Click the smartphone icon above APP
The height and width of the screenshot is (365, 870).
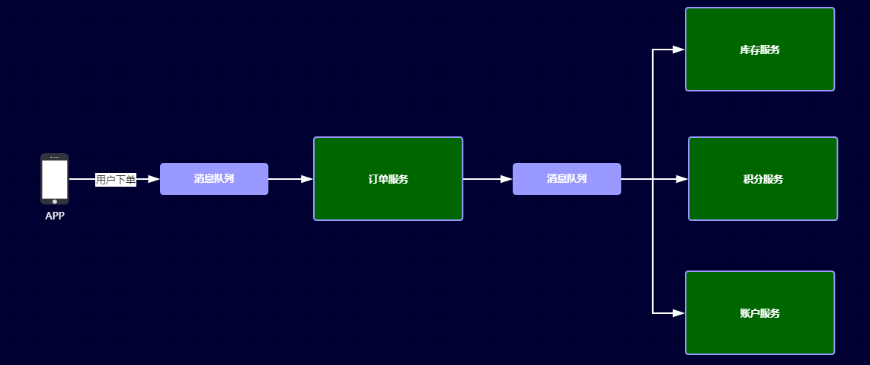(54, 178)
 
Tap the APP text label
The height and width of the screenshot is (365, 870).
(55, 216)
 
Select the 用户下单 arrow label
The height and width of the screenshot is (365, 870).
(116, 180)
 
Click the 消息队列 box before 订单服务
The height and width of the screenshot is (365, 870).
(214, 179)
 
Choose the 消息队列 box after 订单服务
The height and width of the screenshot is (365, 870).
(567, 179)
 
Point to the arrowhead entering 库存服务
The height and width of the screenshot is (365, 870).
(678, 50)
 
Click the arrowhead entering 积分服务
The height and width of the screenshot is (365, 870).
(681, 179)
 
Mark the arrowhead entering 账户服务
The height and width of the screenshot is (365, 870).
(678, 312)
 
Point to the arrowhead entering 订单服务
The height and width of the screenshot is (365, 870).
(306, 179)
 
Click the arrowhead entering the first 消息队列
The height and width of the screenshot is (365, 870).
(153, 179)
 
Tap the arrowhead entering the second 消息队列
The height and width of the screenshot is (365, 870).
(506, 179)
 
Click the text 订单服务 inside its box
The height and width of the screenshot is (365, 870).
(388, 180)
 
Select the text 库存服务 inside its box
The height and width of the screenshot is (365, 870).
(760, 50)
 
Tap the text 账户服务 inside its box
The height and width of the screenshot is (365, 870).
(760, 313)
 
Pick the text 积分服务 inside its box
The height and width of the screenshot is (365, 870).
(763, 180)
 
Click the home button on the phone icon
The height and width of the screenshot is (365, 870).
(54, 202)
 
